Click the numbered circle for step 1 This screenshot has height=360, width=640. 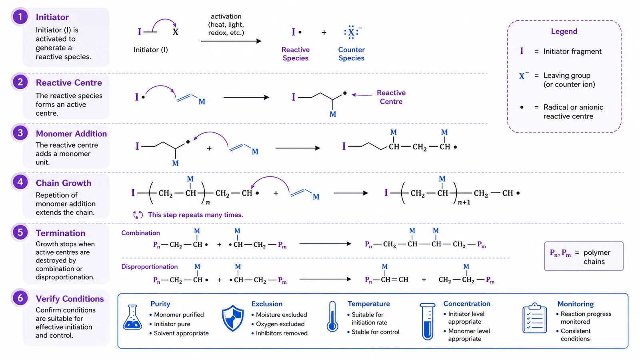[20, 17]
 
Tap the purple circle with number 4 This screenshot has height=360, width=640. [20, 182]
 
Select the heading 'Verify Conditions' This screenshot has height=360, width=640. [70, 298]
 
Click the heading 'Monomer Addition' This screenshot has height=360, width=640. [71, 134]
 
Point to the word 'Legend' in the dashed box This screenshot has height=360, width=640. [564, 31]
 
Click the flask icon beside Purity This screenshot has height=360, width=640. [132, 317]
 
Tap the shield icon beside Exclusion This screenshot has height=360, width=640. [233, 318]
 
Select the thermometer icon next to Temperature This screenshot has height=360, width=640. [332, 316]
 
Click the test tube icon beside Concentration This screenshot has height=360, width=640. [428, 322]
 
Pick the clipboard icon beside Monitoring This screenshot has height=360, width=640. [534, 318]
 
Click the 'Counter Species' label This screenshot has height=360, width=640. [352, 54]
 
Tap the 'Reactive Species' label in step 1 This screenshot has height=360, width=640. [296, 54]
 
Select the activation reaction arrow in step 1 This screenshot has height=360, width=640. [231, 41]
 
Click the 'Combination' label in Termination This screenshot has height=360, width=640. [140, 233]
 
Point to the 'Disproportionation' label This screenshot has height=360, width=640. [150, 266]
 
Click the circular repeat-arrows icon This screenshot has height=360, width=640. [138, 215]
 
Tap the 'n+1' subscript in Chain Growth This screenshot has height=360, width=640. [464, 202]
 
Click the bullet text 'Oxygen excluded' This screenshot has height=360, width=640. [280, 324]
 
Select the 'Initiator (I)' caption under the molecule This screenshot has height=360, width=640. [151, 50]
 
